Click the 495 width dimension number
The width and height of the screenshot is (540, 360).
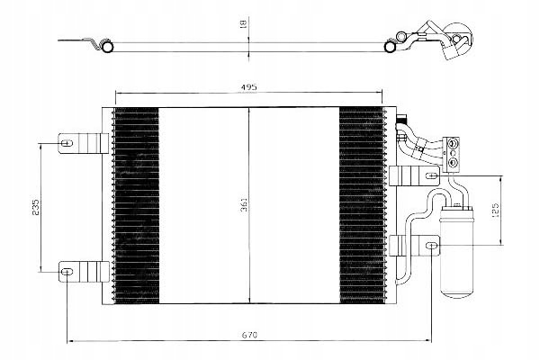248,87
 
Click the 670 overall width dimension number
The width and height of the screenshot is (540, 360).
249,335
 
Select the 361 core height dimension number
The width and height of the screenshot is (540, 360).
244,205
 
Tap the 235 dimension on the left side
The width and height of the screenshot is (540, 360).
36,207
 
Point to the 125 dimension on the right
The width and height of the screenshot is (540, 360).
495,210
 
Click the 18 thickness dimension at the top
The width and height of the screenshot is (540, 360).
243,23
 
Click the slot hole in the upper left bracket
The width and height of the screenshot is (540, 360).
67,142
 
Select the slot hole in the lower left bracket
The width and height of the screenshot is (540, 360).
67,272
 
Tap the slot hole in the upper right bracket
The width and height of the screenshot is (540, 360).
432,175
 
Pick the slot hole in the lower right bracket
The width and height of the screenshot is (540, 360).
432,246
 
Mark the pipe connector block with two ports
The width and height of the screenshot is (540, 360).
452,153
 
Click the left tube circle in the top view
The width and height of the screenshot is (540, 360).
108,47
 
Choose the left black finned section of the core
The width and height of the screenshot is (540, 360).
137,206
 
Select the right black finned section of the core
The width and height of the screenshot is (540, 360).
362,206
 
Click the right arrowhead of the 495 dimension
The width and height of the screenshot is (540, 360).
380,93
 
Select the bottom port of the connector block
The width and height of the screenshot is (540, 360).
453,162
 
